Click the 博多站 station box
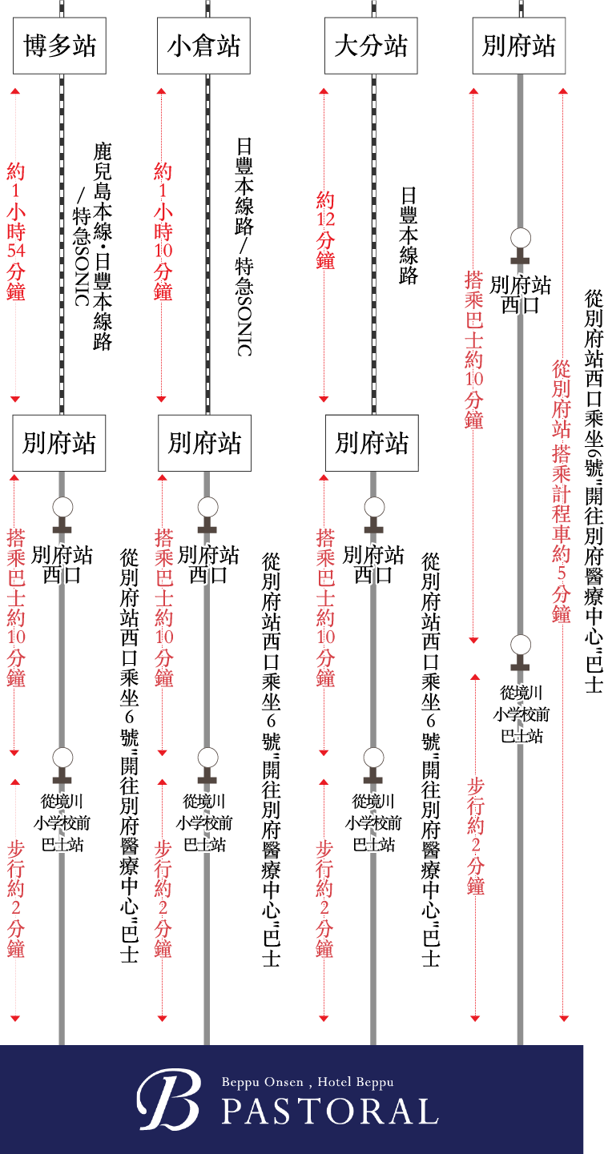[x=60, y=46]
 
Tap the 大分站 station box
[x=371, y=46]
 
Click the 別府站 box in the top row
[x=519, y=46]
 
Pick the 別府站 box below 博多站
[x=59, y=442]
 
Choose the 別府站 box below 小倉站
[x=204, y=442]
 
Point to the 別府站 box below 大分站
[x=372, y=442]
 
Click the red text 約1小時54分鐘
[x=16, y=231]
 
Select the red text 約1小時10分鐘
[x=163, y=231]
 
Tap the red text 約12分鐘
[x=325, y=231]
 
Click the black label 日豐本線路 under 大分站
[x=409, y=236]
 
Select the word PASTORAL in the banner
[x=329, y=1111]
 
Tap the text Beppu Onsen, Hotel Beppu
[x=308, y=1082]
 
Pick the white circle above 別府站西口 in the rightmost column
[x=521, y=237]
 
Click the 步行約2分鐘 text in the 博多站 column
[x=16, y=898]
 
